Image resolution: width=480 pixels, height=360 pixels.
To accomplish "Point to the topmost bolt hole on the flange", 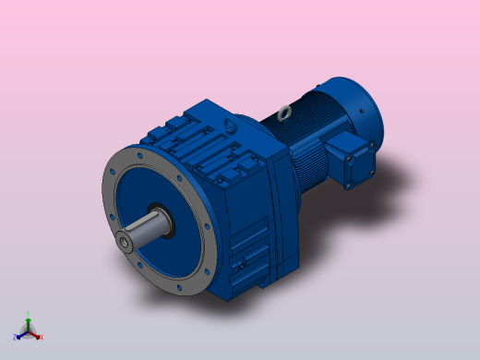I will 139,156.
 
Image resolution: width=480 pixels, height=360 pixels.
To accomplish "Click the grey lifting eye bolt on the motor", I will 282,114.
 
